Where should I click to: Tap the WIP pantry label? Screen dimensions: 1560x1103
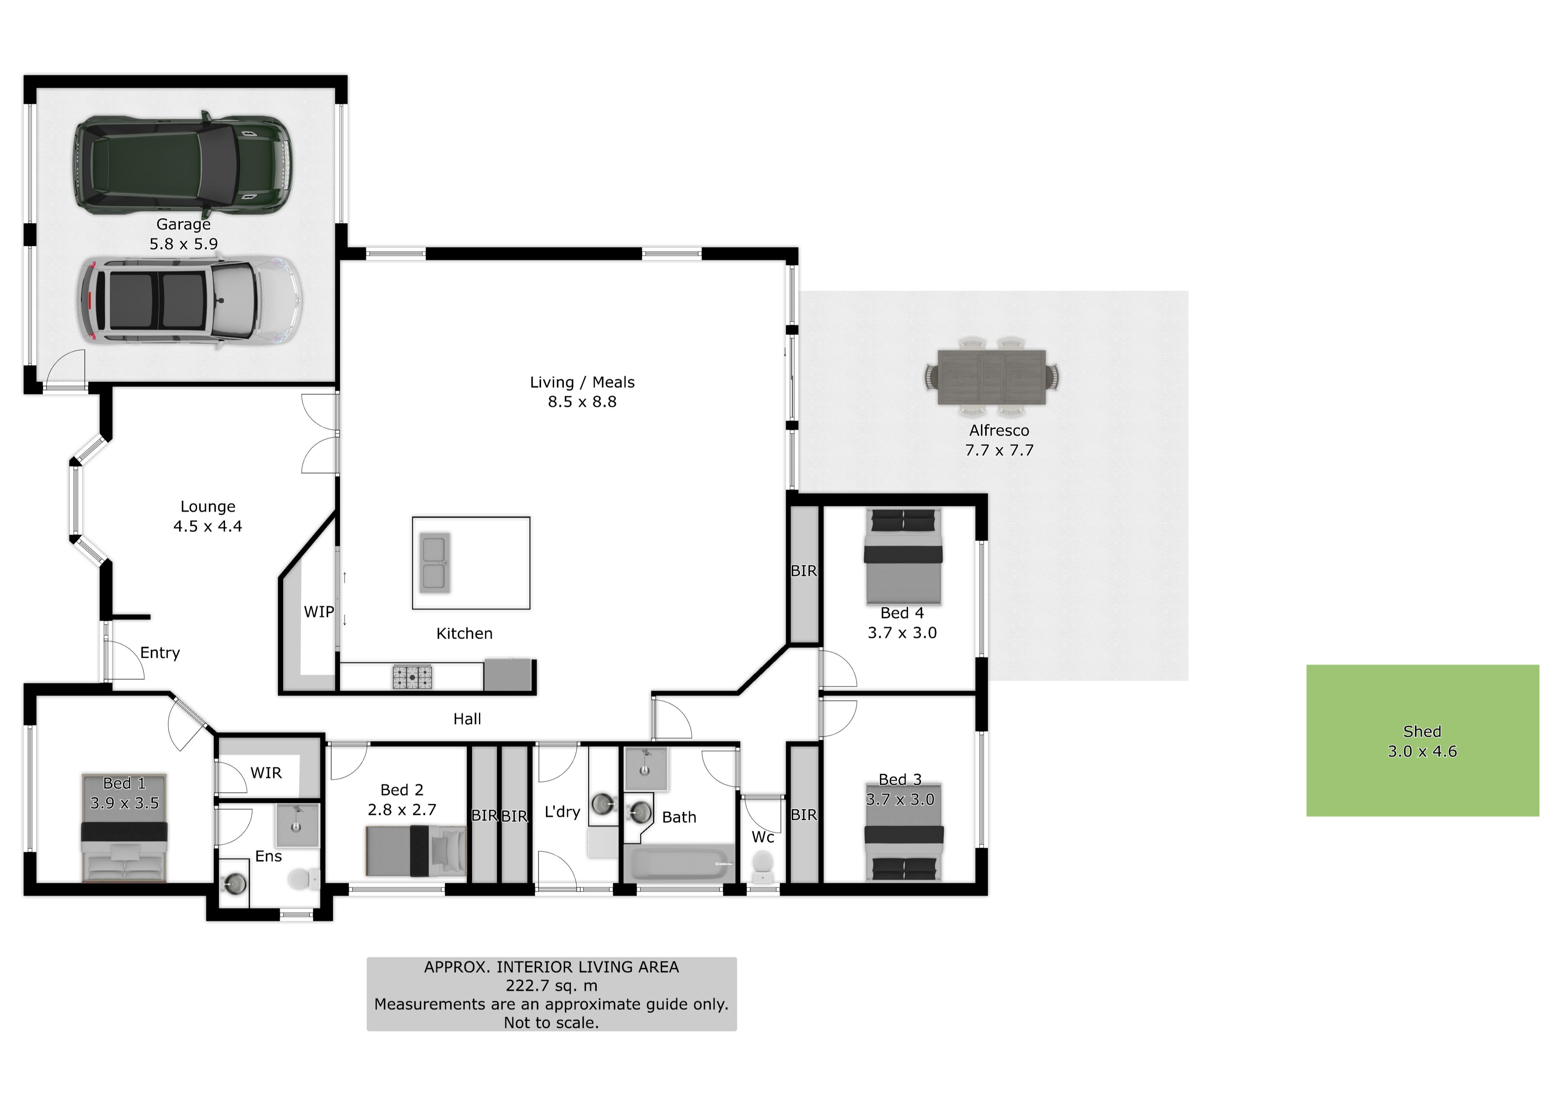[x=318, y=612]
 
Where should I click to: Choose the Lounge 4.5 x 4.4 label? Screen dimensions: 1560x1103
[x=208, y=516]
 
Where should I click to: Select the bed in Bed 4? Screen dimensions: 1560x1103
[x=903, y=557]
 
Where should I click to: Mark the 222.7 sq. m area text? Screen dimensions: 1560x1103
[x=551, y=986]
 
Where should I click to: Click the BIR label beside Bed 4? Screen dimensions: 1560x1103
[x=804, y=571]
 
